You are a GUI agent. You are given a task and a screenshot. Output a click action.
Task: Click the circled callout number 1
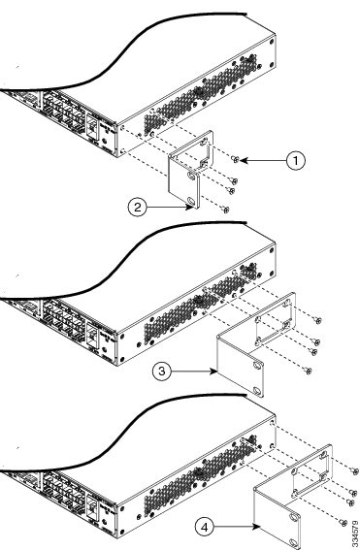pyautogui.click(x=295, y=161)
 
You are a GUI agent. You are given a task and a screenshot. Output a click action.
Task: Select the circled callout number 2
pyautogui.click(x=137, y=207)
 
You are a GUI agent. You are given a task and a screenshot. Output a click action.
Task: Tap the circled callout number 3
pyautogui.click(x=162, y=371)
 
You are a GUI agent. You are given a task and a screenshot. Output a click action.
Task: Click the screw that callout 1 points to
pyautogui.click(x=236, y=160)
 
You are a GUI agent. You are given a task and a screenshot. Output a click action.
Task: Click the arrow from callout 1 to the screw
pyautogui.click(x=263, y=161)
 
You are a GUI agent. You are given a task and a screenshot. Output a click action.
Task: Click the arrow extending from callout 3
pyautogui.click(x=194, y=372)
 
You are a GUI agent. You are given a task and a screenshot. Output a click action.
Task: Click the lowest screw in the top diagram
pyautogui.click(x=226, y=210)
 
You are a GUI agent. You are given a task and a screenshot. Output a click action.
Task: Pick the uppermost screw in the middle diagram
pyautogui.click(x=318, y=320)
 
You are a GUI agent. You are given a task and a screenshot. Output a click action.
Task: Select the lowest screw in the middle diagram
pyautogui.click(x=309, y=371)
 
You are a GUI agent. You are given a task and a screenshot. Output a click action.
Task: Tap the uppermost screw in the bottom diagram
pyautogui.click(x=355, y=470)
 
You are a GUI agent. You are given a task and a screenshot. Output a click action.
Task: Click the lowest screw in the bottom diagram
pyautogui.click(x=344, y=522)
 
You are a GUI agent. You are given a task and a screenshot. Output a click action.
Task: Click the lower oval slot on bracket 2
pyautogui.click(x=191, y=201)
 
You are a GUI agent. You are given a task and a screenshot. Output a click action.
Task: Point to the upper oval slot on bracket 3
pyautogui.click(x=258, y=366)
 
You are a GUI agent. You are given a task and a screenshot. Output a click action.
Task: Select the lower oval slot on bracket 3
pyautogui.click(x=257, y=390)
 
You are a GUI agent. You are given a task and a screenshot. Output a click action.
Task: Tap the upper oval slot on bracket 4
pyautogui.click(x=294, y=518)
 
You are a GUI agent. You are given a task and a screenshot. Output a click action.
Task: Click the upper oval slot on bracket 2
pyautogui.click(x=191, y=175)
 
